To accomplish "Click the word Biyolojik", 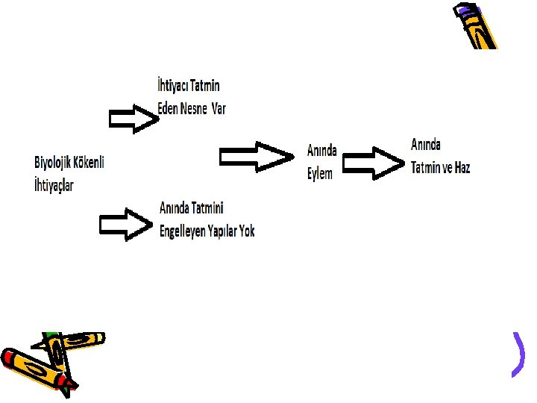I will tap(54, 162).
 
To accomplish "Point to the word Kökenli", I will tap(91, 162).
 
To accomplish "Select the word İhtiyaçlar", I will tap(54, 184).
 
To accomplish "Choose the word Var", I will tap(218, 109).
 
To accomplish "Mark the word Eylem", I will tap(320, 173).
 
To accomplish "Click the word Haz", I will tap(462, 167).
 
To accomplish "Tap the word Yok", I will tap(247, 231).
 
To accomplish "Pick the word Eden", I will tap(169, 109).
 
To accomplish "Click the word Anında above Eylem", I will tap(321, 151).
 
